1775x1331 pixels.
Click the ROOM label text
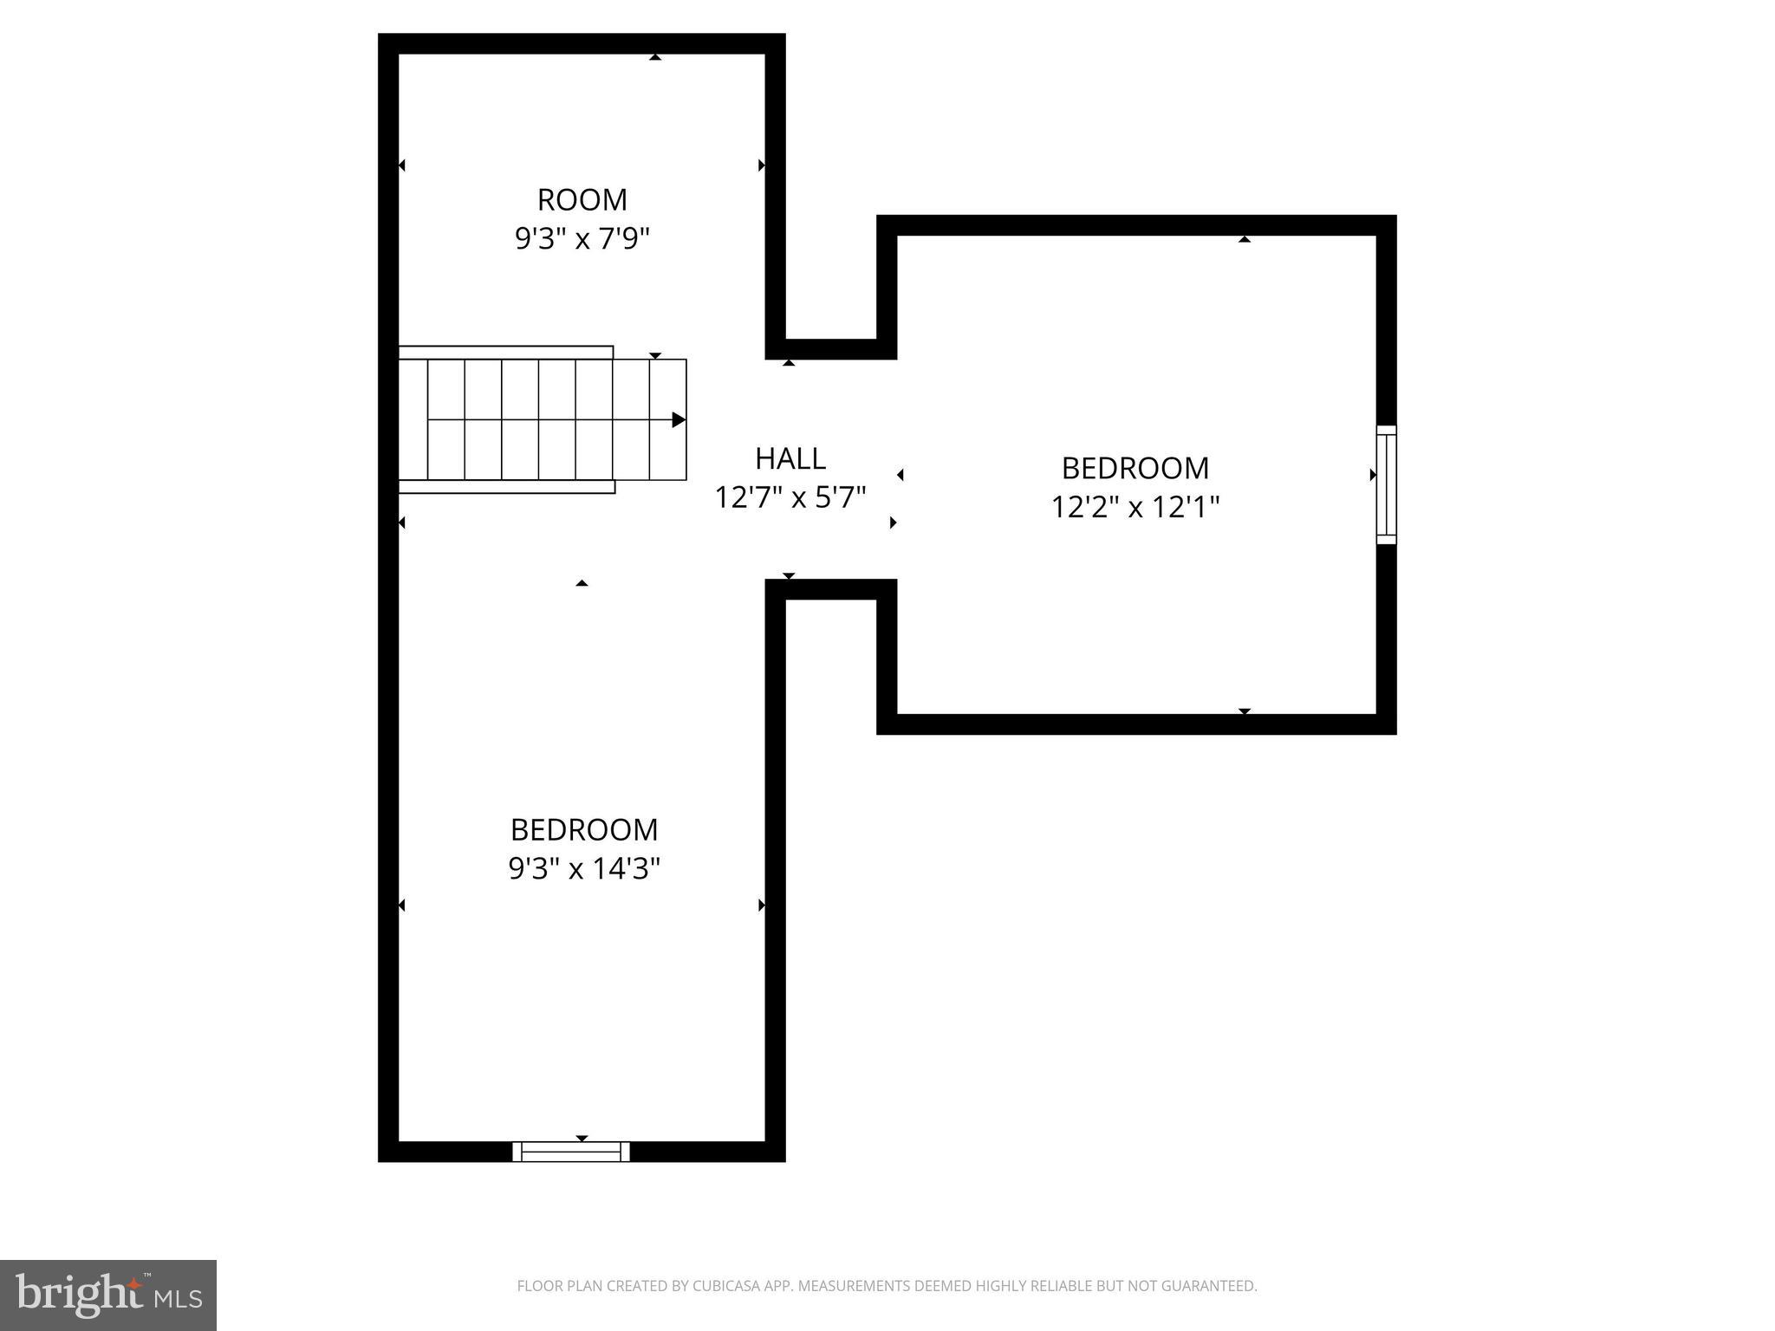coord(582,200)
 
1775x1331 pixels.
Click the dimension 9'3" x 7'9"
coord(582,238)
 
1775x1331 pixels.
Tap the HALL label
coord(790,458)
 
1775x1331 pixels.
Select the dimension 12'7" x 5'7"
coord(790,497)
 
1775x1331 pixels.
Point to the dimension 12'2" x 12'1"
coord(1135,507)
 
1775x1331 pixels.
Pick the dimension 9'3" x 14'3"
coord(583,868)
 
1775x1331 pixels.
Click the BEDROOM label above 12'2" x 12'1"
coord(1135,469)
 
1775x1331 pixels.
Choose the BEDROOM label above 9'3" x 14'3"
coord(583,830)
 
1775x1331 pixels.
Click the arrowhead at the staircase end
coord(679,420)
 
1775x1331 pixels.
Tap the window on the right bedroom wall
coord(1386,484)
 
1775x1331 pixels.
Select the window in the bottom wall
coord(571,1152)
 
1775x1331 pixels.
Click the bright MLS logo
coord(108,1295)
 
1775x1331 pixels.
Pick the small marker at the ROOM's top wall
coord(655,57)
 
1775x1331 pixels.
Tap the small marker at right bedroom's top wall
coord(1245,239)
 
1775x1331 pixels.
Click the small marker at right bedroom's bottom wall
coord(1245,711)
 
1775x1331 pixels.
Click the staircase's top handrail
coord(506,352)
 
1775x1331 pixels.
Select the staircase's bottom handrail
coord(507,487)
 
